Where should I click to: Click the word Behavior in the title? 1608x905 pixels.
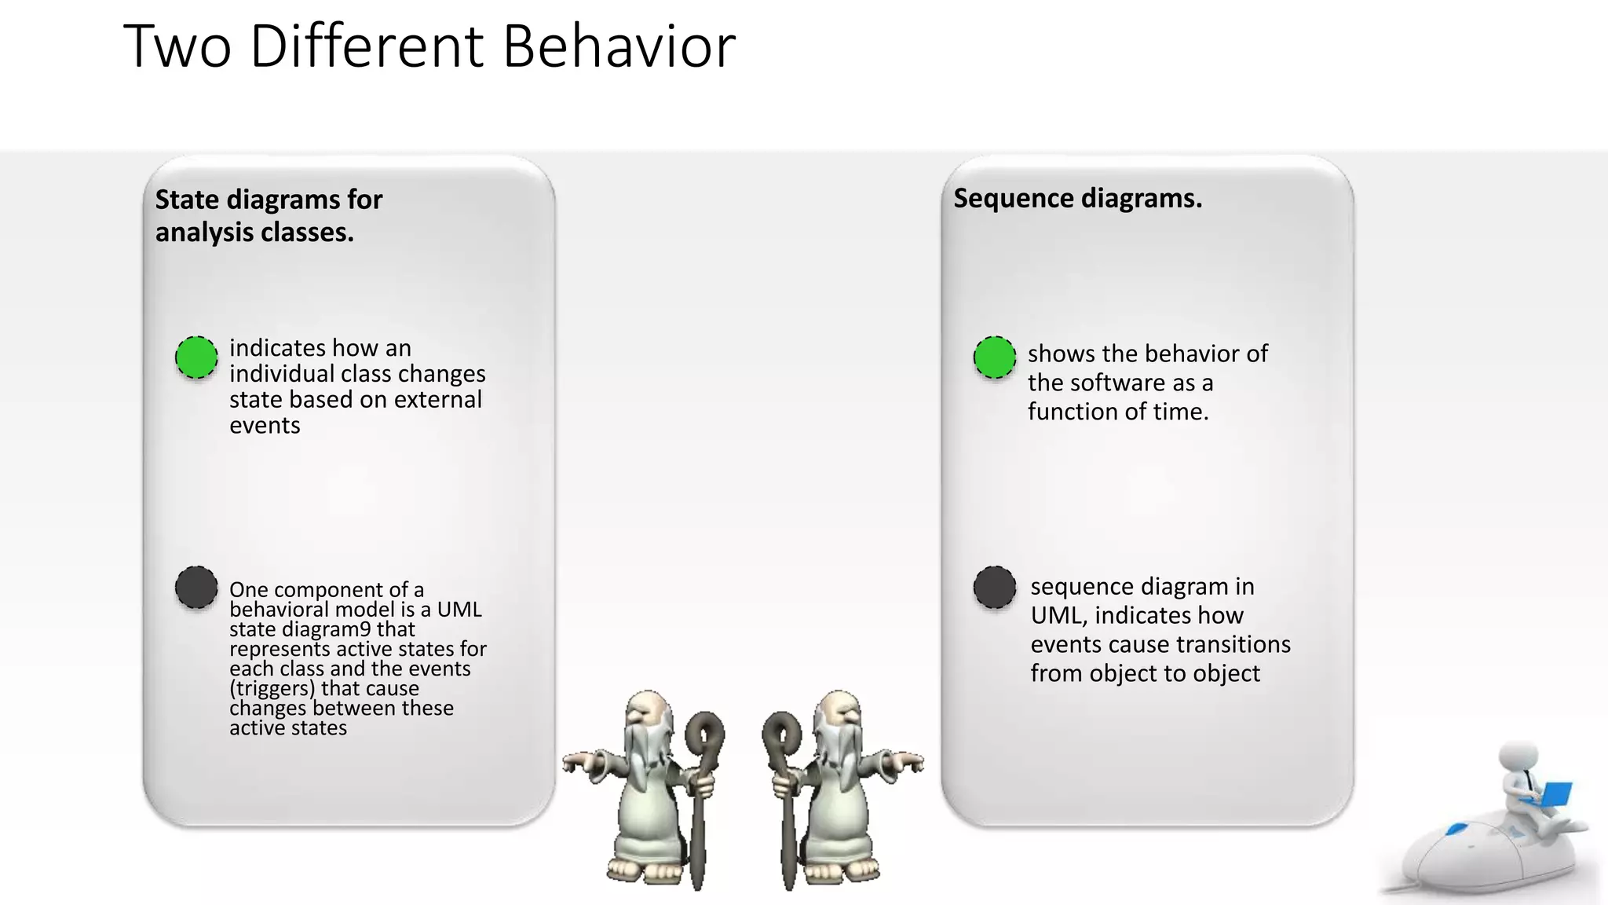[619, 46]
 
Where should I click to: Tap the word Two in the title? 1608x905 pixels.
[177, 46]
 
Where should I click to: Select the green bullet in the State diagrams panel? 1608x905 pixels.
[196, 357]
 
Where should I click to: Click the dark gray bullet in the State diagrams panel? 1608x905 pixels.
[196, 587]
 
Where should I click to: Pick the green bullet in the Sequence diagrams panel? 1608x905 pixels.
[995, 357]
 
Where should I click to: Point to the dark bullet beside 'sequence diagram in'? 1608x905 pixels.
[995, 587]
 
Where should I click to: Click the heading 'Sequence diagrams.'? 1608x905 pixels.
[1077, 199]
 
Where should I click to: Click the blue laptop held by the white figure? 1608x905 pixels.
[1551, 793]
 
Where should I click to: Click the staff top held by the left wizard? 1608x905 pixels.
[704, 735]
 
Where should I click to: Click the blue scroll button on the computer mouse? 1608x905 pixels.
[1457, 829]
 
